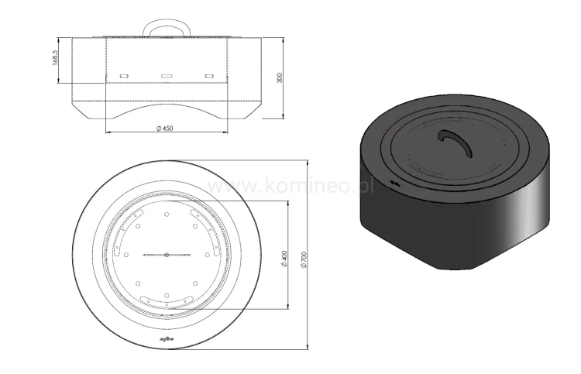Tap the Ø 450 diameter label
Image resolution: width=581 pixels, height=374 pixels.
click(164, 128)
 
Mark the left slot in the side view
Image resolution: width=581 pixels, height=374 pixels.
click(124, 76)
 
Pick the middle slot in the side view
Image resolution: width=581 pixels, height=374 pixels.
click(166, 76)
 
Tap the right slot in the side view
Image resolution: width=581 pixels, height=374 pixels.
click(208, 76)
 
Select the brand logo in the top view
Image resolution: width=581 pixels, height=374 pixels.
click(167, 338)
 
